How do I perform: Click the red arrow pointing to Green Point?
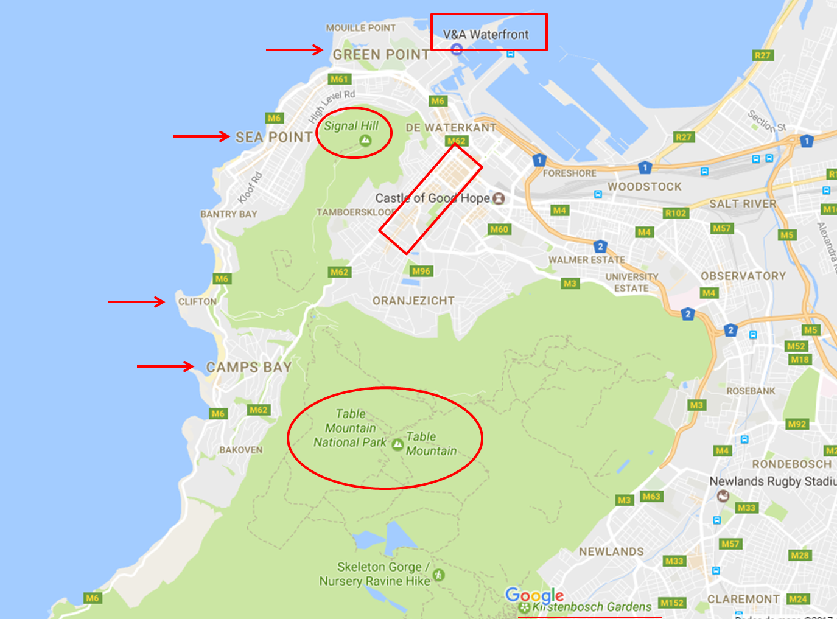coord(295,50)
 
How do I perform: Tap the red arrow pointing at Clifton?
coord(136,301)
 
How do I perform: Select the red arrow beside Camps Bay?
coord(166,366)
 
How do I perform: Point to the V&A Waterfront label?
coord(486,35)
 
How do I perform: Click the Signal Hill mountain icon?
coord(365,141)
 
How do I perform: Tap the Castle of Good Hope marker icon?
coord(499,198)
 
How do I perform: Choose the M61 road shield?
coord(339,79)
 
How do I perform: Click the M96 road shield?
coord(421,271)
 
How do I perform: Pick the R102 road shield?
coord(676,213)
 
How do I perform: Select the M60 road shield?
coord(499,229)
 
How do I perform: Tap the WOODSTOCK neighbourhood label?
coord(645,187)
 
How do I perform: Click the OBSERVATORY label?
coord(743,276)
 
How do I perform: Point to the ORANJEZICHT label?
coord(413,301)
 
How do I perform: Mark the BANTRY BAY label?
coord(229,214)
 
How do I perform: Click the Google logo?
coord(534,595)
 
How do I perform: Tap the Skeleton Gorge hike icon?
coord(438,574)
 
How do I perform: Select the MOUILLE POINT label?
coord(361,28)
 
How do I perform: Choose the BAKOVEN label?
coord(241,450)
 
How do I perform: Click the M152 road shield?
coord(672,603)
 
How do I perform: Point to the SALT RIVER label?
coord(743,204)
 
